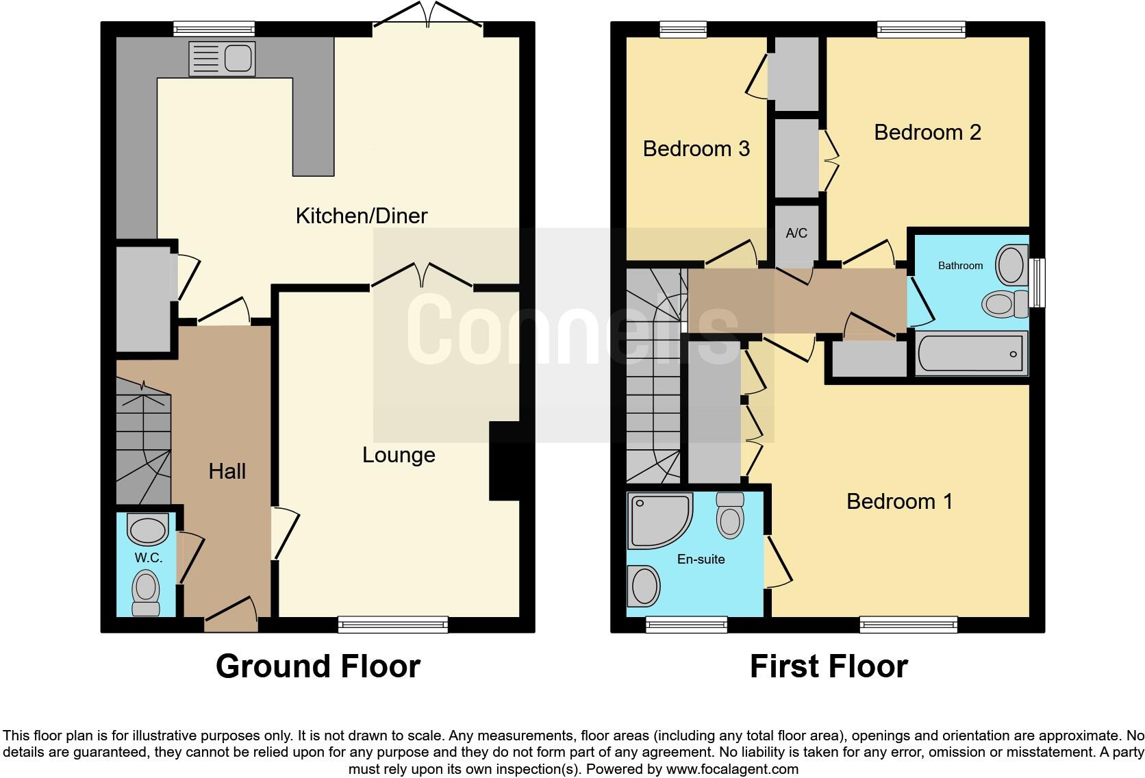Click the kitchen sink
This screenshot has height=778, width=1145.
click(221, 58)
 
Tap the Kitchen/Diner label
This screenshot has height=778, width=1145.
click(361, 216)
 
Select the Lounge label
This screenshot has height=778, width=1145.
click(399, 455)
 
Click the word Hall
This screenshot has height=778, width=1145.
click(227, 471)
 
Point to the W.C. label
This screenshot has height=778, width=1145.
click(148, 557)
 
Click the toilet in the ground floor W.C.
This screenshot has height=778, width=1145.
click(145, 594)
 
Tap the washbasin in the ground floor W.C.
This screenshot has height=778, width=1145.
click(148, 530)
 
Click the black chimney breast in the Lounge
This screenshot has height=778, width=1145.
click(505, 461)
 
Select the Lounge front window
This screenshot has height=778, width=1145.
click(392, 624)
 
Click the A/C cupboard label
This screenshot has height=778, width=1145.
click(796, 234)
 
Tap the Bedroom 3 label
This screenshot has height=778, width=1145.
click(696, 149)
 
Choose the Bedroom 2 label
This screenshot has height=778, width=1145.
click(927, 132)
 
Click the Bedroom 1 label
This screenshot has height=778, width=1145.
click(899, 501)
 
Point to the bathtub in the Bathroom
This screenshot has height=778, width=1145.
click(971, 354)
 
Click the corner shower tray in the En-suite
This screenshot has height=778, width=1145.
click(656, 520)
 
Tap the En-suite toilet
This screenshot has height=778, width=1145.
click(730, 515)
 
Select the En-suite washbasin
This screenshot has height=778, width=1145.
click(644, 586)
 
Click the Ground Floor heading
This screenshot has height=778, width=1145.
click(318, 666)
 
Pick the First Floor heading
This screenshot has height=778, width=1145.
click(828, 666)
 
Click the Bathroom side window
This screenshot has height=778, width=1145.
click(1038, 282)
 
